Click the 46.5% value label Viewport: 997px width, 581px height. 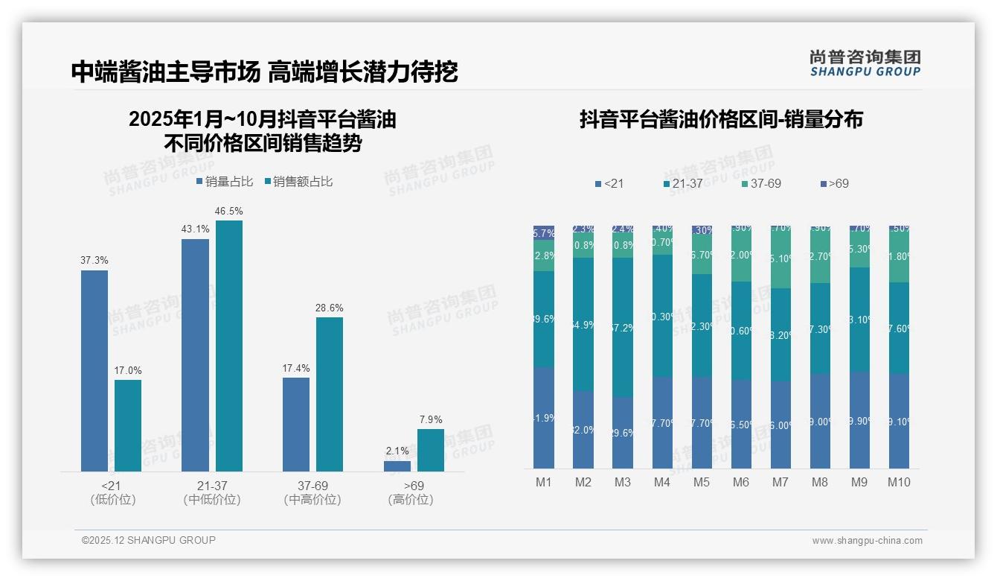(x=229, y=212)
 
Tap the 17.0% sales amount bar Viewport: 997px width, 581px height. (x=128, y=425)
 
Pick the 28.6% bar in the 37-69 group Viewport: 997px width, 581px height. (x=330, y=394)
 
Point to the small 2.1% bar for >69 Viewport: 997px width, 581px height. (x=397, y=466)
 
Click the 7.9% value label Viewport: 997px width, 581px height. (x=430, y=420)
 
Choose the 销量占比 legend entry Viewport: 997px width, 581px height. (x=225, y=182)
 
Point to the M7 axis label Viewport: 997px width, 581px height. (x=780, y=483)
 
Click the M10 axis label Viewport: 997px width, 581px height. (x=899, y=483)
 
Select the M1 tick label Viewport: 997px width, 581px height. (x=544, y=483)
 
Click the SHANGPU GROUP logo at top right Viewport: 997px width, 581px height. (x=865, y=63)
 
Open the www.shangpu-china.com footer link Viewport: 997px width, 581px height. (x=867, y=541)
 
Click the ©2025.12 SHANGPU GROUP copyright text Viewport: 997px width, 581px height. (x=149, y=540)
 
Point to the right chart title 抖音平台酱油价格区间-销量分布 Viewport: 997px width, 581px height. (x=721, y=120)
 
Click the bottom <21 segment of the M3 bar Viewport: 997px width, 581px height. (x=623, y=432)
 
